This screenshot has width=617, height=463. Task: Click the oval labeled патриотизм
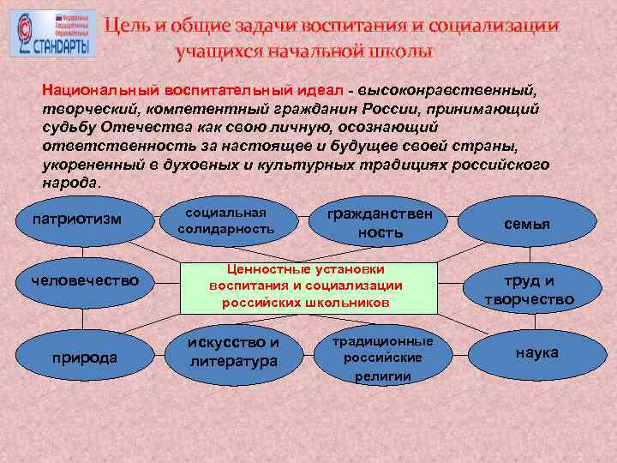click(76, 220)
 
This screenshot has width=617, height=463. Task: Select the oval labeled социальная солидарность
click(225, 221)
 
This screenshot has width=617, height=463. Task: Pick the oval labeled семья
click(526, 224)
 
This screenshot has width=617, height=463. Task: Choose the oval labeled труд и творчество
click(529, 290)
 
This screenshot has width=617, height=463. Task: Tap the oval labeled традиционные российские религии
click(381, 357)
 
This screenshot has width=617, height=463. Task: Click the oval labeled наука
click(536, 352)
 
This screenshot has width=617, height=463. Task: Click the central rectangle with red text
click(306, 286)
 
